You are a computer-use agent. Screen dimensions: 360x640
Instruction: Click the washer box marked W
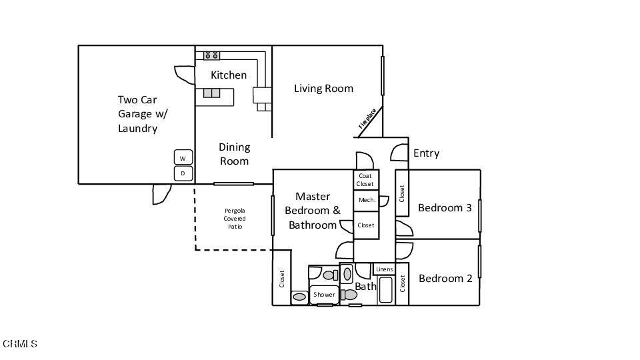tap(183, 158)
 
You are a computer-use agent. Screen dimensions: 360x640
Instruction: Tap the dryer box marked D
tap(183, 174)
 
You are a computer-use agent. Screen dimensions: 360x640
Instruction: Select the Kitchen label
tap(229, 75)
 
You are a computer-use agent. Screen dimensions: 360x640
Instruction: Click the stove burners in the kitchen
tap(212, 55)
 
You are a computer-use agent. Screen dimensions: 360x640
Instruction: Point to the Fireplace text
tap(367, 118)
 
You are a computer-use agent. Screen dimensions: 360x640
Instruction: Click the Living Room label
tap(323, 89)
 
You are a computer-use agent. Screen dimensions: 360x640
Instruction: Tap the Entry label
tap(426, 153)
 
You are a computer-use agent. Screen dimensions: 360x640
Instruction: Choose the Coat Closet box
tap(365, 180)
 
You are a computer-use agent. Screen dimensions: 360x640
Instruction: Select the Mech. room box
tap(366, 200)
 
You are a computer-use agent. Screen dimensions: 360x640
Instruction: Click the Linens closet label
tap(384, 269)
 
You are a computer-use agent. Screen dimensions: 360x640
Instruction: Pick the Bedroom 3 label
tap(445, 208)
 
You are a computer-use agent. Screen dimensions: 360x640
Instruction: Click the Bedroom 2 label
tap(445, 279)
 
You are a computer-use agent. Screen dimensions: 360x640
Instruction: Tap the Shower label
tap(324, 295)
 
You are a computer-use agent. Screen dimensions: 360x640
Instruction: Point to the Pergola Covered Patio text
tap(234, 219)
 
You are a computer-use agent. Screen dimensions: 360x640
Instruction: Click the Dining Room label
tap(234, 154)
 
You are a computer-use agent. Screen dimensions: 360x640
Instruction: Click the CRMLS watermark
tap(20, 344)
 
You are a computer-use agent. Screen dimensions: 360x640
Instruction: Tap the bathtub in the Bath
tap(386, 290)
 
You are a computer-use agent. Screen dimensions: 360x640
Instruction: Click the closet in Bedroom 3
tap(402, 193)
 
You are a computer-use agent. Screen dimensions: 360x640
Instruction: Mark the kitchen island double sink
tap(212, 93)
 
